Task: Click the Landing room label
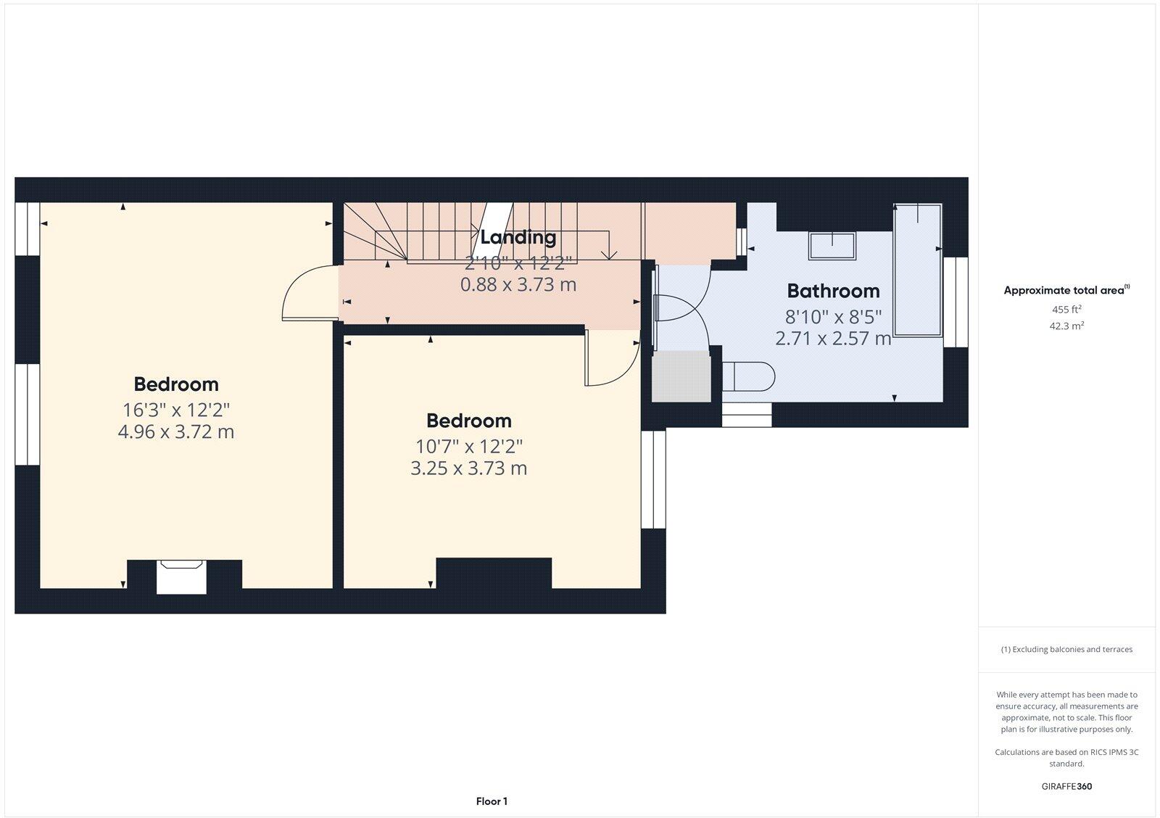point(518,237)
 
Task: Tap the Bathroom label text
point(833,291)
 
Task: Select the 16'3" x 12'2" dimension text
point(176,409)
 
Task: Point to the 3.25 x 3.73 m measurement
point(468,468)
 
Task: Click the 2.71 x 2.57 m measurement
point(833,338)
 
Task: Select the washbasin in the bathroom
point(832,246)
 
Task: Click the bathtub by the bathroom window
point(918,270)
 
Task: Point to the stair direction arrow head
point(609,255)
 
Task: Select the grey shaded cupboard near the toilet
point(681,376)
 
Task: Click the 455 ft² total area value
point(1066,310)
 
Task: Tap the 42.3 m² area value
point(1066,326)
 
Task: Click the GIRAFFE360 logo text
point(1066,786)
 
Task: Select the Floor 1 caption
point(492,801)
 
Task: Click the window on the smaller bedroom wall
point(653,479)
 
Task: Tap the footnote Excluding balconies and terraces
point(1066,650)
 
